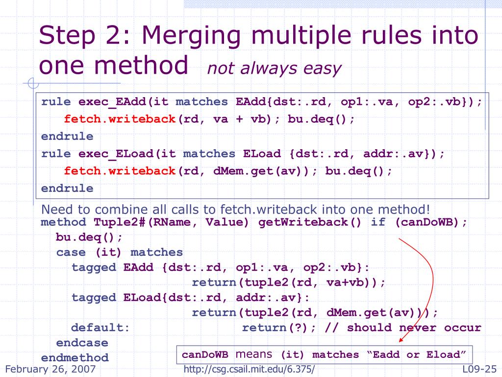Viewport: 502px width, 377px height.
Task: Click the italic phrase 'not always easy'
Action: [x=274, y=68]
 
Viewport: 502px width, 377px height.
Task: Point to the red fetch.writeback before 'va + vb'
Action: [x=120, y=119]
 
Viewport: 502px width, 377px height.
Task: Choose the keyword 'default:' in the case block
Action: [x=100, y=327]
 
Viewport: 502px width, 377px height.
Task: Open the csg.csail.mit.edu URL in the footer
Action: [x=249, y=369]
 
